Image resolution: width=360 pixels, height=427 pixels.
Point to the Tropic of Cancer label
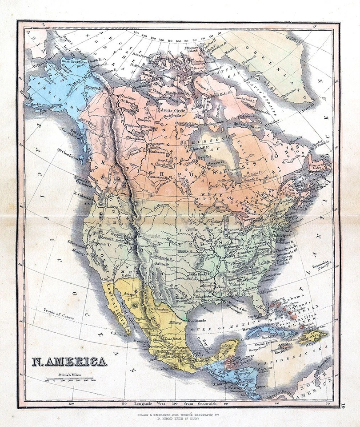(x=55, y=313)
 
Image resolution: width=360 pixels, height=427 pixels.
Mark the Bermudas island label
(x=319, y=262)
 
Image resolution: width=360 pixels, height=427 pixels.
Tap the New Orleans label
(x=213, y=301)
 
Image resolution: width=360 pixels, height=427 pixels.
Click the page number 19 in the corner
(x=344, y=405)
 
